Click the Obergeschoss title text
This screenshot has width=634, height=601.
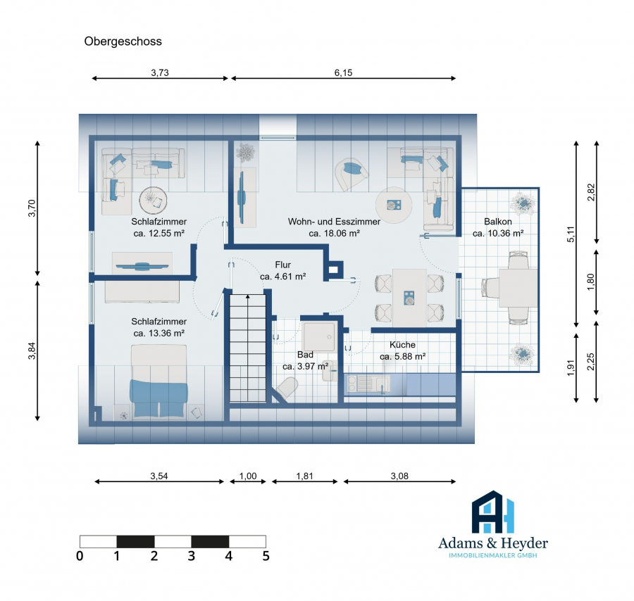(123, 42)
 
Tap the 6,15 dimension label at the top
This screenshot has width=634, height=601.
(343, 72)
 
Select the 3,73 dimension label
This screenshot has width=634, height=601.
(160, 72)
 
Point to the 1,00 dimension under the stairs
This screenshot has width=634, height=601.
(248, 476)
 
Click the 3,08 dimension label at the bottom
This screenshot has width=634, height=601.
(399, 476)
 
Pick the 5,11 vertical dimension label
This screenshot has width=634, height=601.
(571, 234)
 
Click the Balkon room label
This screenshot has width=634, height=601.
(498, 222)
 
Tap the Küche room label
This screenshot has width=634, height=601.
(402, 345)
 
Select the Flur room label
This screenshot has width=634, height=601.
(283, 265)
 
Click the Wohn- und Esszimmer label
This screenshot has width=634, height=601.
(334, 222)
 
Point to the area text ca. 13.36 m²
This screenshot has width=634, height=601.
(159, 333)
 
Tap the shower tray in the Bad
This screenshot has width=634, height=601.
(319, 337)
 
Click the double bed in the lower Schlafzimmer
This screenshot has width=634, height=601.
(158, 381)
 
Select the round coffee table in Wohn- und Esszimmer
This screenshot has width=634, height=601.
(394, 205)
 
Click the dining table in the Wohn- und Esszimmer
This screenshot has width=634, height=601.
(409, 297)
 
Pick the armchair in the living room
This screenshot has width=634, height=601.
(351, 174)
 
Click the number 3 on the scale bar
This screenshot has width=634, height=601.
(191, 556)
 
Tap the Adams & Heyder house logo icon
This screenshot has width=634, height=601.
(493, 512)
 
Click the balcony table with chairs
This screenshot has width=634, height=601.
(510, 288)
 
